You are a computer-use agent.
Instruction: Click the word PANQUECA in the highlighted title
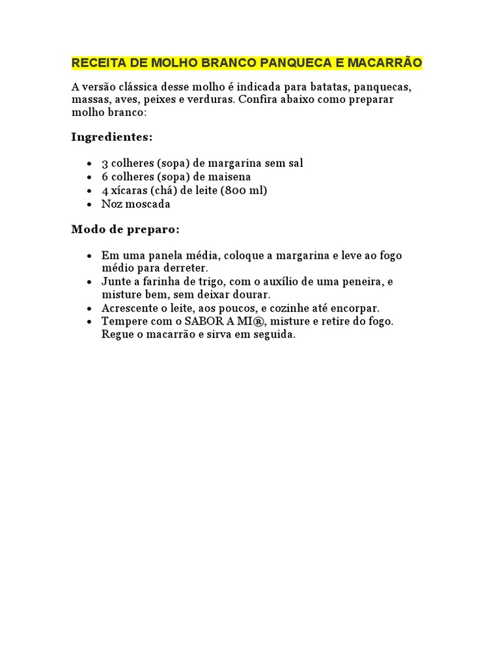tap(290, 63)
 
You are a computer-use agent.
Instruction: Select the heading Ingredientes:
tap(112, 137)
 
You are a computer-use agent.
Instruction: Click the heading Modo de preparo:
tap(125, 229)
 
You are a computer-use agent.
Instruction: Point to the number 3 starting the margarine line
tap(105, 163)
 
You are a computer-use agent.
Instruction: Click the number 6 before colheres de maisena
tap(105, 177)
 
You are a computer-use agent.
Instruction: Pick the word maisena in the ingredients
tap(230, 177)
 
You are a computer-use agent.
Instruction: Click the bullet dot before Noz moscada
tap(89, 205)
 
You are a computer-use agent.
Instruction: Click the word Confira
tap(258, 100)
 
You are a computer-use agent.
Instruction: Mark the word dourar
tap(249, 294)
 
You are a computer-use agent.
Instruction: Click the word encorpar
tap(354, 307)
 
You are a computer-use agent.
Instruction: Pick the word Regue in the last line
tap(117, 335)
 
